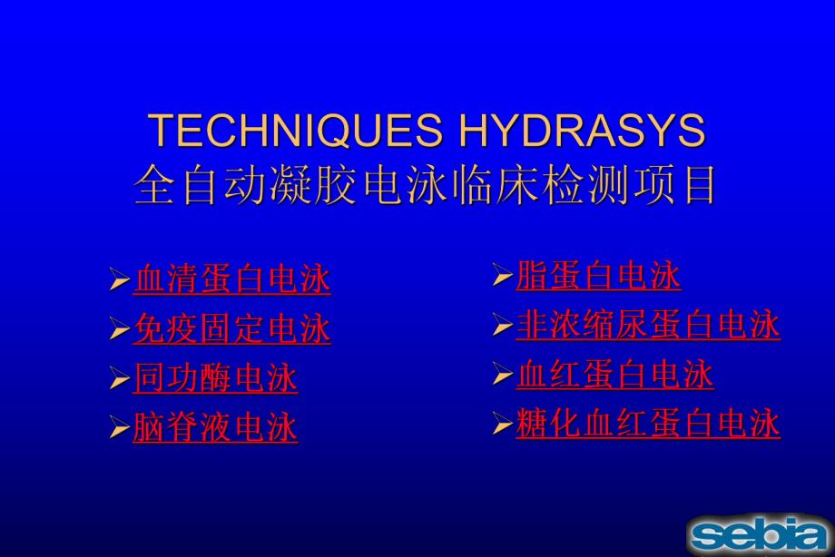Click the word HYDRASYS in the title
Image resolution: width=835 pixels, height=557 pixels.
[582, 132]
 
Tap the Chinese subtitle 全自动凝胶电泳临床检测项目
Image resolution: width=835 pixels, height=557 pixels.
[426, 186]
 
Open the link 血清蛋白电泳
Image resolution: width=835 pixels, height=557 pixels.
[231, 279]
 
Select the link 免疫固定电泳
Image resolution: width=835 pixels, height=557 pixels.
[231, 329]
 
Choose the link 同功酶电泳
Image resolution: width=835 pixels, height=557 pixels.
[215, 379]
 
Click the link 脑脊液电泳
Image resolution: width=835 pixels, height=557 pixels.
[215, 428]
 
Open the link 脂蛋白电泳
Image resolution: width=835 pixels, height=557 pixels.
[598, 276]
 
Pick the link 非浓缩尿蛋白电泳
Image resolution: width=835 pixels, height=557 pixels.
[648, 325]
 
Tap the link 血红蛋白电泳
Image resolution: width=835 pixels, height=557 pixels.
[614, 375]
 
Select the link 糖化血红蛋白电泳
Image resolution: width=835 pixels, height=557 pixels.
[648, 424]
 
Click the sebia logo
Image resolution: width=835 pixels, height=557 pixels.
[759, 533]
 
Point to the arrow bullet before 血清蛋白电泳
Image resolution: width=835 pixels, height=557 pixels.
[119, 280]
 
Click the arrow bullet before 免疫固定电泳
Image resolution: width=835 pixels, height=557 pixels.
[119, 330]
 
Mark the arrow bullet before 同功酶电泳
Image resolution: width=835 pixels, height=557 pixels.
[119, 380]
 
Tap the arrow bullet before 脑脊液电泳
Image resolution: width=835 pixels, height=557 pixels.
[119, 429]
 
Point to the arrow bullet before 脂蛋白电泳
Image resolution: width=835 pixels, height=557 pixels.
[502, 277]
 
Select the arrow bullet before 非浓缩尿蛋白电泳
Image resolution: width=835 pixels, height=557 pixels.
[502, 326]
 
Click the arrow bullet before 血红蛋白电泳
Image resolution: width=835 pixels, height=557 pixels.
[502, 376]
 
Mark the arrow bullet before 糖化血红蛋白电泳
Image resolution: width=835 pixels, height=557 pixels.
[502, 425]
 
